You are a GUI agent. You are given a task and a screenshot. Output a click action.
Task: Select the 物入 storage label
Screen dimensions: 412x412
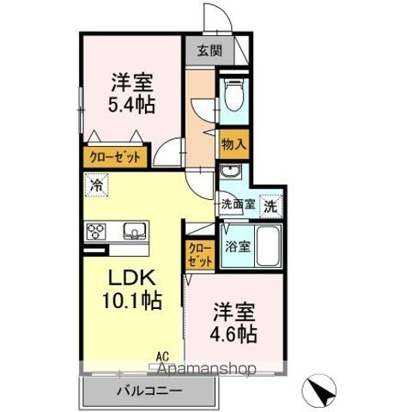click(x=233, y=144)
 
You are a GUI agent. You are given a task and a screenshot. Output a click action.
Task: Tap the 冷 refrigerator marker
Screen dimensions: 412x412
click(x=97, y=185)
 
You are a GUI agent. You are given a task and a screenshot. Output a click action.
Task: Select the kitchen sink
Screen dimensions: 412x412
click(x=135, y=231)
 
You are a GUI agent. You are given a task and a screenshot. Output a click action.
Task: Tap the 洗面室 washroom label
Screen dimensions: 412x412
click(x=237, y=205)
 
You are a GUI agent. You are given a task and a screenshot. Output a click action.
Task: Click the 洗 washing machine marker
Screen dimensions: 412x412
click(x=271, y=206)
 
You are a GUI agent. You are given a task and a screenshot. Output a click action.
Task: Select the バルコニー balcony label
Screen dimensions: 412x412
click(x=148, y=391)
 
